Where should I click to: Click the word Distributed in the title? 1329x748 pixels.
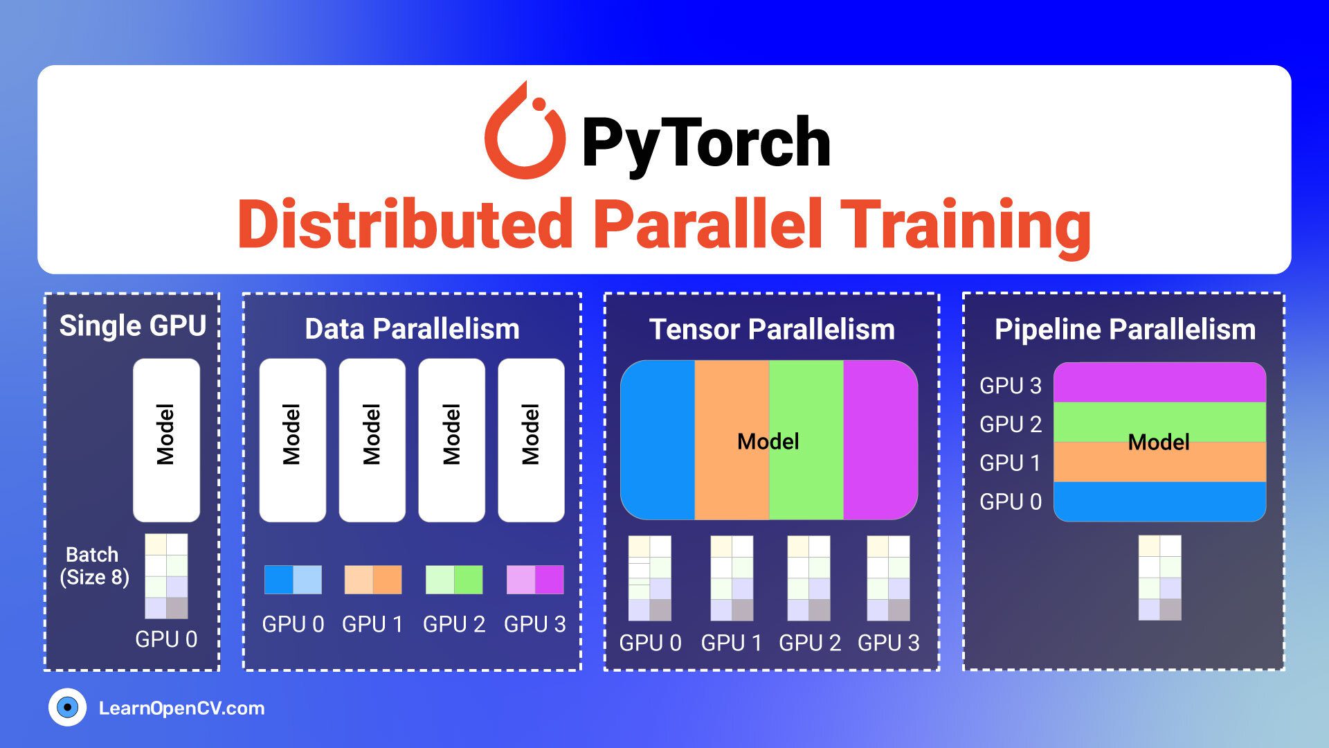[x=405, y=224]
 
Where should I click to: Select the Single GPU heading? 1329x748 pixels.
[x=133, y=326]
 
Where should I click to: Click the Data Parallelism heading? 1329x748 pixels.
[x=412, y=329]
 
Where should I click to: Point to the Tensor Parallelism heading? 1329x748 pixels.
[x=772, y=330]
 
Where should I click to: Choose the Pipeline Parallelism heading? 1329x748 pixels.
[x=1125, y=330]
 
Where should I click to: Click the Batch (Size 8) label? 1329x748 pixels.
[x=94, y=566]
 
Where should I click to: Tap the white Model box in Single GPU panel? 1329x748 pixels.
[x=166, y=440]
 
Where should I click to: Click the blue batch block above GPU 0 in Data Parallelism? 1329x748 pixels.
[x=293, y=580]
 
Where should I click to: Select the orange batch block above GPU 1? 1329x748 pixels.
[x=373, y=580]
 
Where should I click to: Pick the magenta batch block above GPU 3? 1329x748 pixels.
[x=535, y=580]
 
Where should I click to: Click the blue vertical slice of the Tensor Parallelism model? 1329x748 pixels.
[x=658, y=440]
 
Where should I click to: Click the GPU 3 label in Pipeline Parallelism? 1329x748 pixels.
[x=1010, y=386]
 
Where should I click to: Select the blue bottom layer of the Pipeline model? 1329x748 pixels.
[x=1159, y=501]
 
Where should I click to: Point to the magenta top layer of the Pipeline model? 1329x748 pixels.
[x=1159, y=382]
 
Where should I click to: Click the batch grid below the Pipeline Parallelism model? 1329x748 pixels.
[x=1160, y=578]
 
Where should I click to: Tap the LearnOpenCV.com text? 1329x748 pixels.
[x=181, y=708]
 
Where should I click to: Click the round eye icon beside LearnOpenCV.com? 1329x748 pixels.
[x=67, y=707]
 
